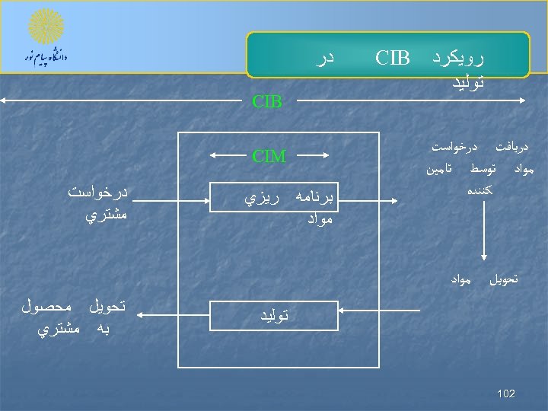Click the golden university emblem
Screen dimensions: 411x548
click(46, 27)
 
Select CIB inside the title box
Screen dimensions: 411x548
click(393, 58)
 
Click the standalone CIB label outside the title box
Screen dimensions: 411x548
click(267, 101)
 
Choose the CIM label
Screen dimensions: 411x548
click(269, 158)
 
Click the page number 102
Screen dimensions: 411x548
click(505, 393)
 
